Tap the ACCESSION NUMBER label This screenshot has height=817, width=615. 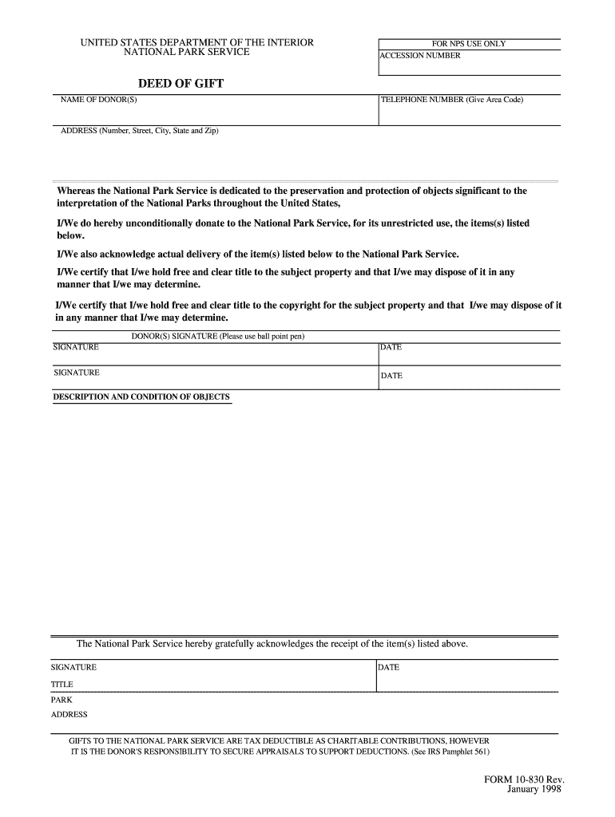(x=420, y=56)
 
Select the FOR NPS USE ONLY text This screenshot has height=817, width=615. (x=468, y=44)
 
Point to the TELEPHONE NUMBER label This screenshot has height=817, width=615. (x=451, y=100)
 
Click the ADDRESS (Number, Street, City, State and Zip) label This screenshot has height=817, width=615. (x=140, y=131)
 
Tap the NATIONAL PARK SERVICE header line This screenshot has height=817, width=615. (x=187, y=52)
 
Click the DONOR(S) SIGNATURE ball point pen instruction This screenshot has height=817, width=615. (x=218, y=336)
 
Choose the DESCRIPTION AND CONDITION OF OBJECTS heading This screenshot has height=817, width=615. (x=141, y=397)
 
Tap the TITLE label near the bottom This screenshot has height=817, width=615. (x=62, y=685)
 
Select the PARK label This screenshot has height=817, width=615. (x=61, y=700)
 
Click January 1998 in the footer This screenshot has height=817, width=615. (x=535, y=789)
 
